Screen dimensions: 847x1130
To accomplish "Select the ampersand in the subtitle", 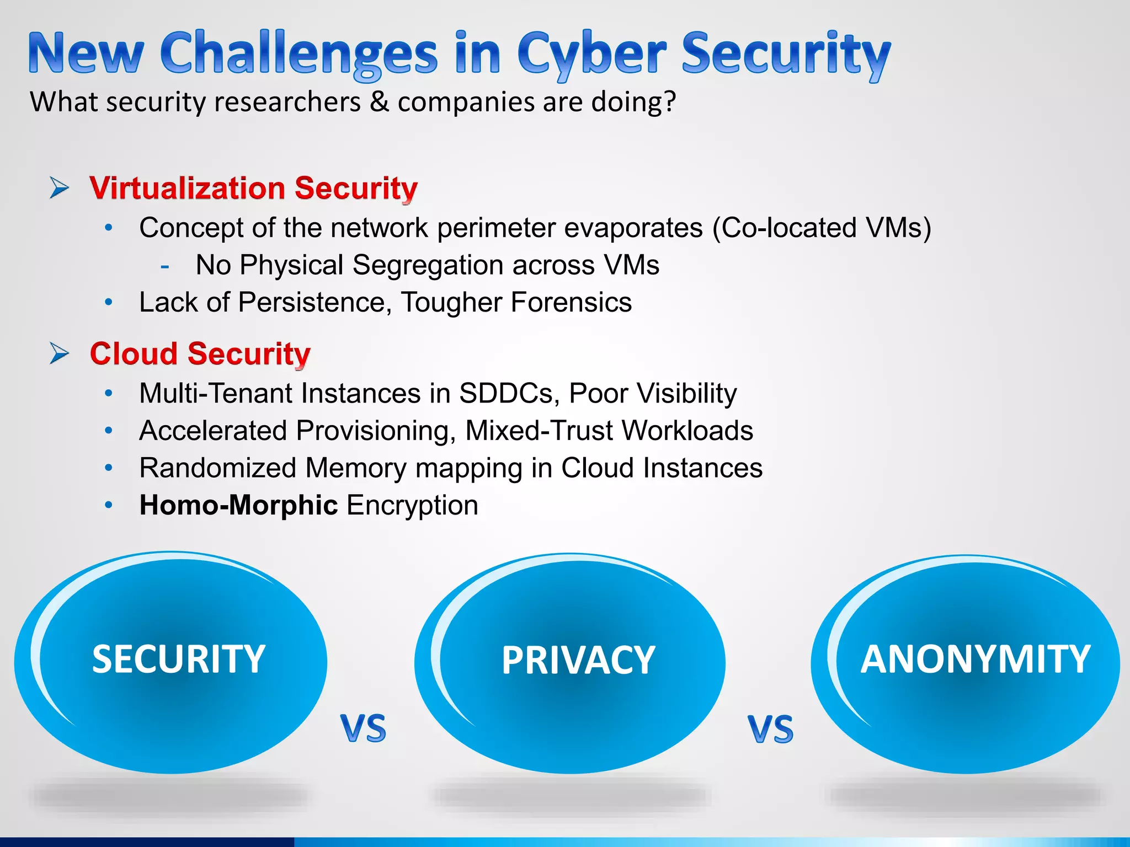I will [x=379, y=102].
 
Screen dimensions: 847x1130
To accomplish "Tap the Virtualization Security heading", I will [x=253, y=189].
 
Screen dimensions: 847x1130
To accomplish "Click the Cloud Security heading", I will [x=200, y=353].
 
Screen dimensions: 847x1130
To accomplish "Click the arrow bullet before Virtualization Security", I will [x=59, y=188].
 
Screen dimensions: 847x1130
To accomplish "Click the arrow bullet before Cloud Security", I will [x=59, y=353].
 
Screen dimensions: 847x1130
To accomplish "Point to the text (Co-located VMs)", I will [x=822, y=228].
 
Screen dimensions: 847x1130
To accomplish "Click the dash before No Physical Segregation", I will [x=164, y=266].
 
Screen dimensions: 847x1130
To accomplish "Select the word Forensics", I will [x=571, y=302].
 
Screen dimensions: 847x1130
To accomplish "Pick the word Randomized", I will [x=218, y=468].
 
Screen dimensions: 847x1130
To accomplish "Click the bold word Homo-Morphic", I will [x=238, y=505].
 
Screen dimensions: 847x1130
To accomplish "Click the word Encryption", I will [x=412, y=506].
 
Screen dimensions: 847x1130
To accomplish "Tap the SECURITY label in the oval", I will [x=178, y=659].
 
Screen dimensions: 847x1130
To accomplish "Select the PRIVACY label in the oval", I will [x=578, y=660].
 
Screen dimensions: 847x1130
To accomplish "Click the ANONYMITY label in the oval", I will [x=975, y=659].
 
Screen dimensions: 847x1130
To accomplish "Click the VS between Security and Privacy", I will [x=363, y=728].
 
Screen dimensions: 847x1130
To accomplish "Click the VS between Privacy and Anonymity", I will [x=770, y=730].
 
